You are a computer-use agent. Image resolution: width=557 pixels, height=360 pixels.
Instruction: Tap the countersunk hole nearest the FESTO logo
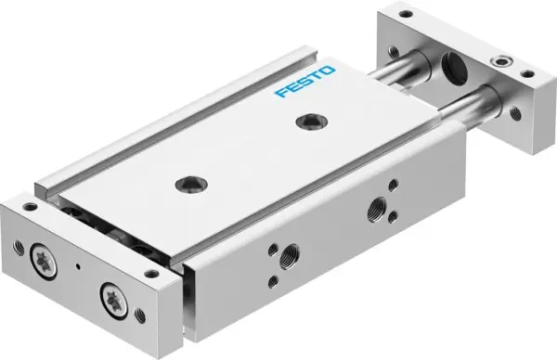point(305,121)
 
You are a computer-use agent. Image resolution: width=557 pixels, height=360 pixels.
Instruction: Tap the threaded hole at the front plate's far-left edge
point(19,247)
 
